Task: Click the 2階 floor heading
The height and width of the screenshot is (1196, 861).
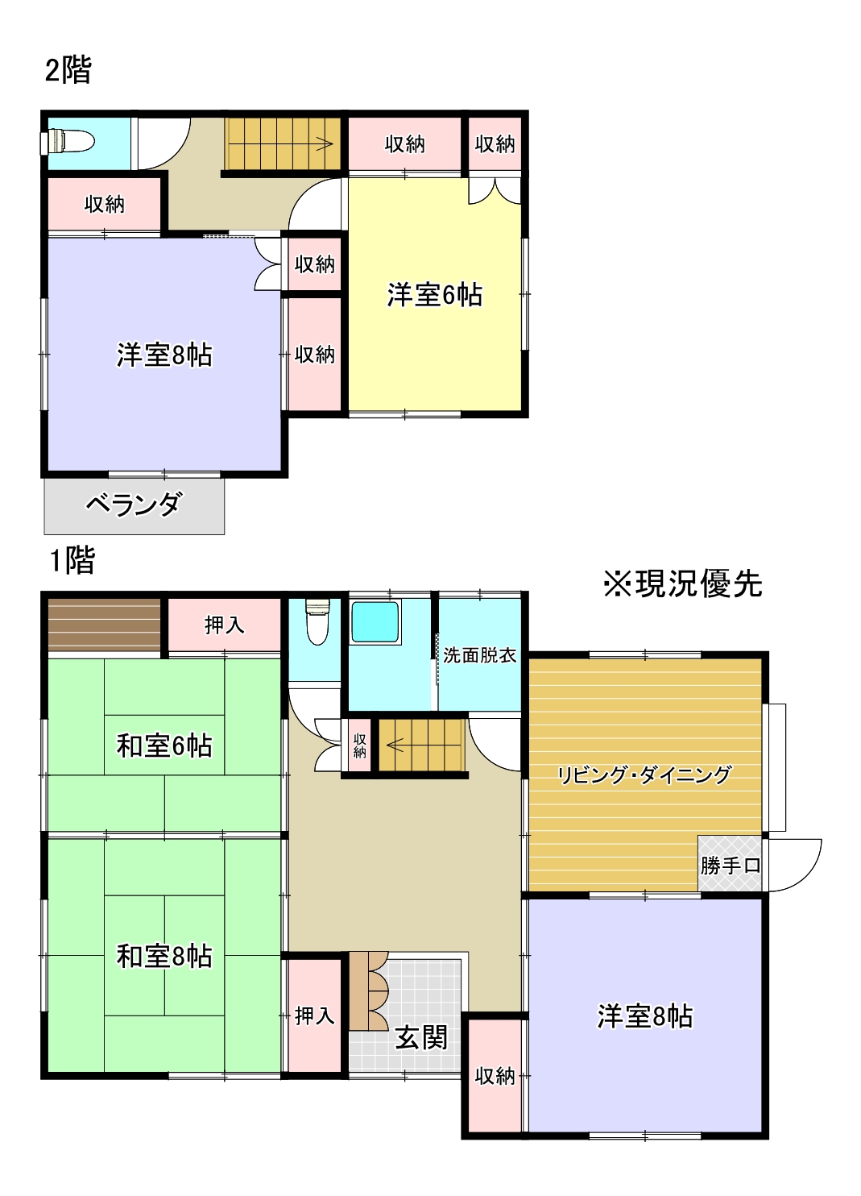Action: [x=68, y=70]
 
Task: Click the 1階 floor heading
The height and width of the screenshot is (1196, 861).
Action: [x=72, y=559]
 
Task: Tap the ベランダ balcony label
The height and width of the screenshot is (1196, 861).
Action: [x=134, y=505]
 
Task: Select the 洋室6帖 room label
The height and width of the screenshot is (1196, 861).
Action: [x=435, y=295]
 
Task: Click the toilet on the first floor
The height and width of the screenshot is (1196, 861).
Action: [x=318, y=622]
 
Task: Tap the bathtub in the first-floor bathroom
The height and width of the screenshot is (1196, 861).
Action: [x=375, y=622]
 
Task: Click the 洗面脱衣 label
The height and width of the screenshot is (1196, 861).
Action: [x=479, y=655]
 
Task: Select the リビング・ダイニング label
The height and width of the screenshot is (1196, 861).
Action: [x=644, y=775]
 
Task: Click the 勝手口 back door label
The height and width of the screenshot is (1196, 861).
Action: [x=730, y=866]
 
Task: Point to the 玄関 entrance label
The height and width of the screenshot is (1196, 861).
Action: [x=420, y=1037]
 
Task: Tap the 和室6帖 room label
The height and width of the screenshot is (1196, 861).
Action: [x=164, y=745]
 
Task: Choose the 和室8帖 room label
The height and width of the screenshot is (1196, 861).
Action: [x=164, y=956]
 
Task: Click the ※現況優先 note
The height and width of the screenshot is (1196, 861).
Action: [x=683, y=583]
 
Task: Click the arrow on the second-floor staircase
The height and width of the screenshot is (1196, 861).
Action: [x=324, y=145]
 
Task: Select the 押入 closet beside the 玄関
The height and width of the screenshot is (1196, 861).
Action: [x=314, y=1015]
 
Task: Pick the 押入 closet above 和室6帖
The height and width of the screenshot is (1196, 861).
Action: [x=224, y=625]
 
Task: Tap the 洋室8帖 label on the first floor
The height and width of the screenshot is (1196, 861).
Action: [x=644, y=1016]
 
